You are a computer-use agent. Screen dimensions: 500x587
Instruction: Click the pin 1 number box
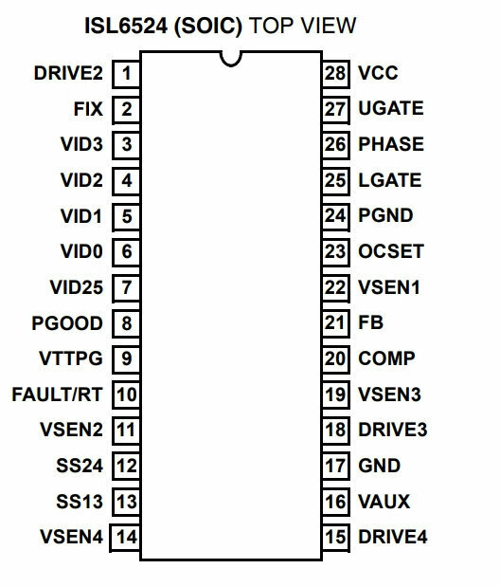pyautogui.click(x=126, y=74)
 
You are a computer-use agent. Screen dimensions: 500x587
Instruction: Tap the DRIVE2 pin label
pyautogui.click(x=68, y=73)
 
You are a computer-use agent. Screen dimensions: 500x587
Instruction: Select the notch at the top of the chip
pyautogui.click(x=231, y=59)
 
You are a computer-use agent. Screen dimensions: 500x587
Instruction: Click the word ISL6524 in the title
pyautogui.click(x=126, y=26)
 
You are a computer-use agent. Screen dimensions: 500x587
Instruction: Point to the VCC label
pyautogui.click(x=378, y=73)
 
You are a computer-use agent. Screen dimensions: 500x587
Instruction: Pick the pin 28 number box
pyautogui.click(x=335, y=74)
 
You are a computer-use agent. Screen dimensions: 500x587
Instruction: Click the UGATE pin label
pyautogui.click(x=391, y=108)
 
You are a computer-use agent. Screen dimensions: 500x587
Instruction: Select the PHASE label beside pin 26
pyautogui.click(x=391, y=144)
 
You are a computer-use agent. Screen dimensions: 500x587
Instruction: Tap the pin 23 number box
pyautogui.click(x=335, y=251)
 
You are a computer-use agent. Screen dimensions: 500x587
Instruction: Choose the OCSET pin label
pyautogui.click(x=391, y=251)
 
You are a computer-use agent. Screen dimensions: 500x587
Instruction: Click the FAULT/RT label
pyautogui.click(x=57, y=394)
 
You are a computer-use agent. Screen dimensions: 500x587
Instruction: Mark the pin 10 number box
pyautogui.click(x=126, y=394)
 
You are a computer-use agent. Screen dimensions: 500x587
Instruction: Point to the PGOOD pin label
pyautogui.click(x=67, y=323)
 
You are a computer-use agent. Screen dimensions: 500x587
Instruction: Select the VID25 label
pyautogui.click(x=77, y=287)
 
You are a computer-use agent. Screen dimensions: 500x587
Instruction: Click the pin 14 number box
pyautogui.click(x=125, y=538)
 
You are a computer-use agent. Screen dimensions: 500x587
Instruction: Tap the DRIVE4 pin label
pyautogui.click(x=393, y=537)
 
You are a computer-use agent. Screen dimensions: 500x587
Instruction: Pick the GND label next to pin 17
pyautogui.click(x=379, y=466)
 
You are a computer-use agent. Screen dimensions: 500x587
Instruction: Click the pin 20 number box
pyautogui.click(x=335, y=358)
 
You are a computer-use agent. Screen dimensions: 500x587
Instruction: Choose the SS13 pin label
pyautogui.click(x=80, y=502)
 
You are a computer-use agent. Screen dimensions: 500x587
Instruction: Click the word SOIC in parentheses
pyautogui.click(x=208, y=27)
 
